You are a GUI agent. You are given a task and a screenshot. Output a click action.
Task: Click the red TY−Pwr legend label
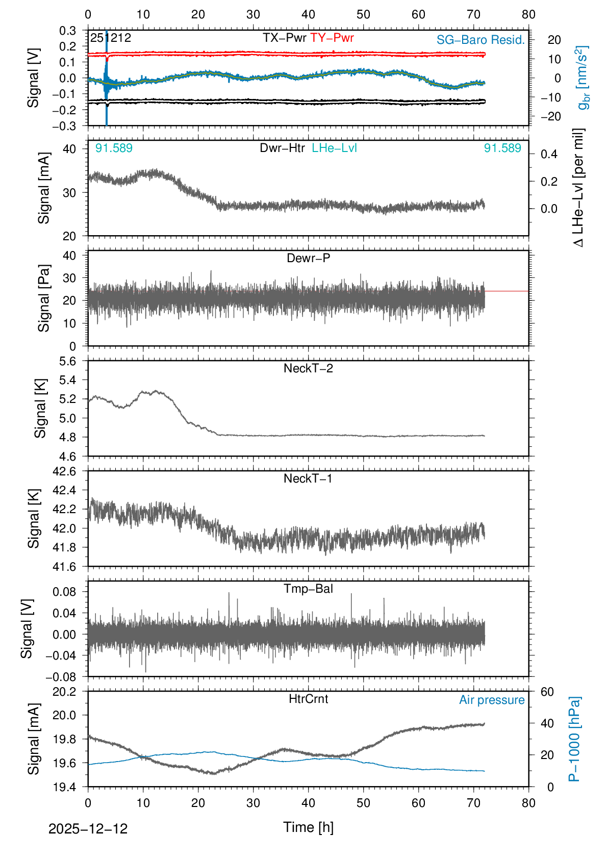tap(332, 38)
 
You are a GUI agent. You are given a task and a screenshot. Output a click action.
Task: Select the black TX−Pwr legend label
tap(285, 38)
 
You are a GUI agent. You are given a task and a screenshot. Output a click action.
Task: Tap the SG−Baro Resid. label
tap(480, 40)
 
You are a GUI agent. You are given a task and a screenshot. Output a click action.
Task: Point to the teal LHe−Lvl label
tap(335, 148)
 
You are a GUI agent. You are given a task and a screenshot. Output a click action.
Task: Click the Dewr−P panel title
tap(308, 258)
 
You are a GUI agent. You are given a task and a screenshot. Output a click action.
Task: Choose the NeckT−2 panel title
tap(308, 368)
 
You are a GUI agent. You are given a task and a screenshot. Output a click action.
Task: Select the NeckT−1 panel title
tap(308, 478)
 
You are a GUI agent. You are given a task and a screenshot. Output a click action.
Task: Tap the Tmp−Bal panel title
tap(308, 589)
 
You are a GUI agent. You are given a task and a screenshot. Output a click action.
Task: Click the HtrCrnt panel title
tap(308, 699)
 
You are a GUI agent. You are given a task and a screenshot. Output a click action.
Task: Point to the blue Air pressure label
tap(492, 700)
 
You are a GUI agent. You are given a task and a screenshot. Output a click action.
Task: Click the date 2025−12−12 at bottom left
tap(88, 829)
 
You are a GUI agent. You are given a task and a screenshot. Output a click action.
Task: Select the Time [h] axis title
tap(308, 827)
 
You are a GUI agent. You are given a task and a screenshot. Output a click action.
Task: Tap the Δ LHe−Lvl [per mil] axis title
tap(578, 188)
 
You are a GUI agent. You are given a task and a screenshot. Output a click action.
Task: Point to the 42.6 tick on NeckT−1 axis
tap(65, 471)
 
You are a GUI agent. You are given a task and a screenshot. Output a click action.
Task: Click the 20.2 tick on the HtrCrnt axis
tap(65, 692)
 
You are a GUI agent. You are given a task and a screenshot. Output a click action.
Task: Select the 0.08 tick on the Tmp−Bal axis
tap(65, 592)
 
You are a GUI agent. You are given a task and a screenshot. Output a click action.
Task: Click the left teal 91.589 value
tap(114, 148)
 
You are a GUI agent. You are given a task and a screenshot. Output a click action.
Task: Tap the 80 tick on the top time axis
tap(528, 14)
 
